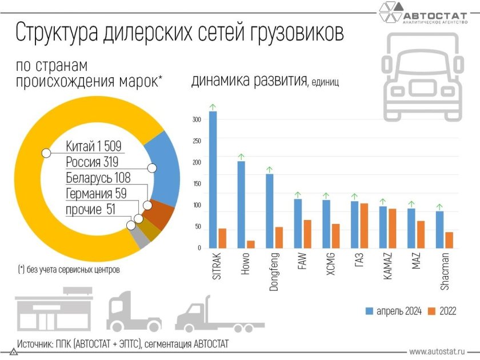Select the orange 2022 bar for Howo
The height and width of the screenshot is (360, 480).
250,244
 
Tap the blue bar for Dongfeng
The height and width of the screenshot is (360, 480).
269,211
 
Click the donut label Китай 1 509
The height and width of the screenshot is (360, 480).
94,146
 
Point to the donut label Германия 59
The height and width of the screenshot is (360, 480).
95,194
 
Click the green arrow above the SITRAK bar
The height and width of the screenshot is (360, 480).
213,106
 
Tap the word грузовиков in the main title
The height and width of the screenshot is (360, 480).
294,33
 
